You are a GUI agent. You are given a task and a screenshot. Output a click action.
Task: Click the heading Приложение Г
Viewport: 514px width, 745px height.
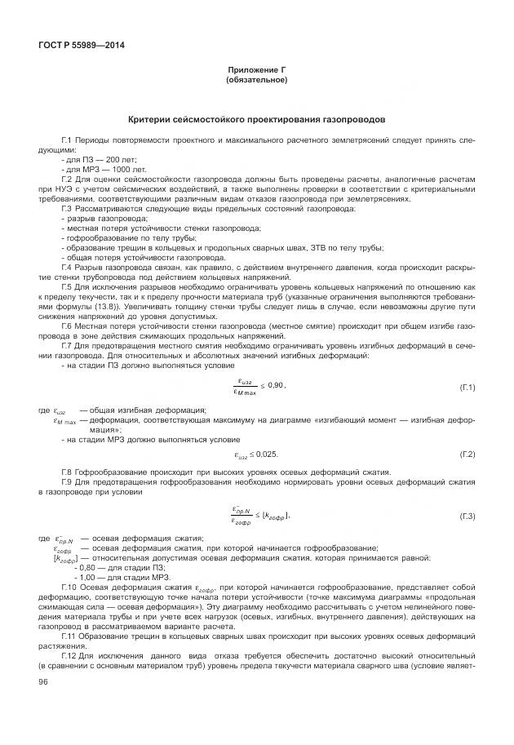pyautogui.click(x=256, y=71)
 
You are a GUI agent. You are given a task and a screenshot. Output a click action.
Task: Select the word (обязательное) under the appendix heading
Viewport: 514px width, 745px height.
pyautogui.click(x=256, y=80)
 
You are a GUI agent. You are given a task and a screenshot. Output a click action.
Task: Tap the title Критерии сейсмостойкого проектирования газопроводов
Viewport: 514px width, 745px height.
pyautogui.click(x=256, y=120)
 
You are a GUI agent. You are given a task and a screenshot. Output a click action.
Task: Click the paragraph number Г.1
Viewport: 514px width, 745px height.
pyautogui.click(x=69, y=142)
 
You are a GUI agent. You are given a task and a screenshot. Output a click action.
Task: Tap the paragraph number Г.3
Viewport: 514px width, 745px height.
pyautogui.click(x=69, y=210)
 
